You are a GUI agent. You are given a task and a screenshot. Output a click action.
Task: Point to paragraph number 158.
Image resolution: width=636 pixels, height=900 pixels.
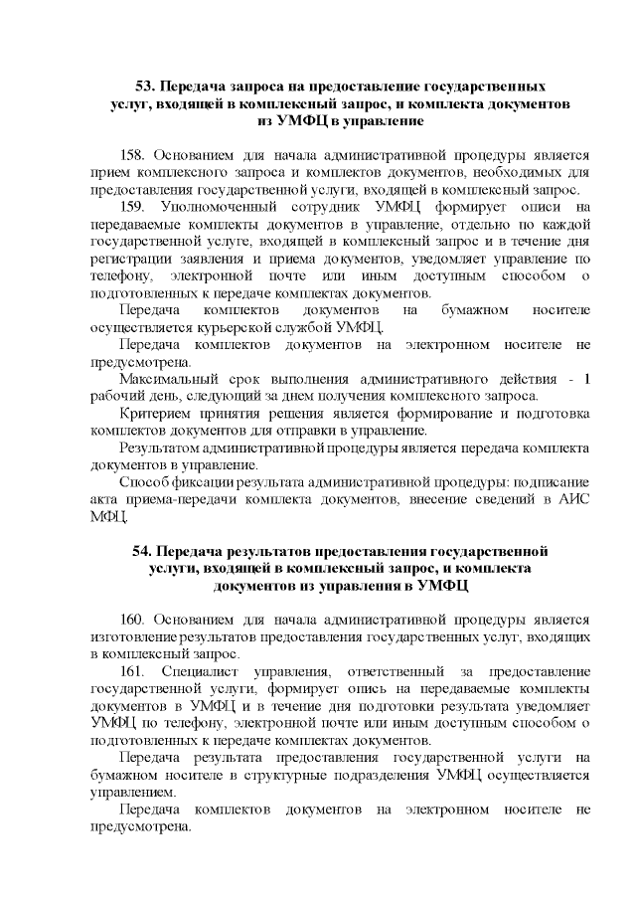133,155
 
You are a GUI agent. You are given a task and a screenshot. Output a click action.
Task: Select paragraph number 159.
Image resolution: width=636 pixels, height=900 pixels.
133,206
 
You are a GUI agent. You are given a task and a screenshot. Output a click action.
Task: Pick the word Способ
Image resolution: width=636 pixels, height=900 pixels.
141,482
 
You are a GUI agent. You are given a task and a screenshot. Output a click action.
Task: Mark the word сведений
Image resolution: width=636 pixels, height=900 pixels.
492,499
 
